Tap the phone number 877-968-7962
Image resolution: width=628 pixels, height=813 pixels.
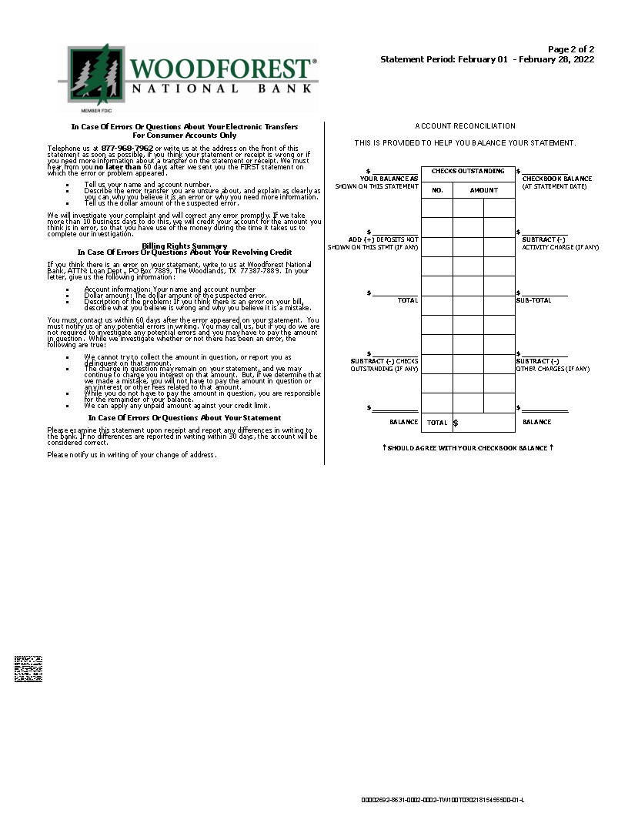127,148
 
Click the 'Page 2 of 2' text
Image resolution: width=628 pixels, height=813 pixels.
571,49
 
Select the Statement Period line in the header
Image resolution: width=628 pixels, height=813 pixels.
487,59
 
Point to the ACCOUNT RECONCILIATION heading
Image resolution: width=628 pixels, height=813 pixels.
465,125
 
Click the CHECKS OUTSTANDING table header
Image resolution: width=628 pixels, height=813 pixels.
468,171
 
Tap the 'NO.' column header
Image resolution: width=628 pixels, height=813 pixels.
437,189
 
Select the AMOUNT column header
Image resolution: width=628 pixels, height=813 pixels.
483,189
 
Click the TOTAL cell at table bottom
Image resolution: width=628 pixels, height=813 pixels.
437,423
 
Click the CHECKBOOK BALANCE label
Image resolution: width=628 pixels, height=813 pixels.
556,179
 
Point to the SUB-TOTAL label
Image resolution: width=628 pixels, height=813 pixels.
533,300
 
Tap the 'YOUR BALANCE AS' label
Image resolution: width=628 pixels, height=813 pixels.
389,179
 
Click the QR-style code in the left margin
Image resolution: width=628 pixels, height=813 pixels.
28,669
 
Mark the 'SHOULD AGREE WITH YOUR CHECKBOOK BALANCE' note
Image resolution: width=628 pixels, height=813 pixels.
468,447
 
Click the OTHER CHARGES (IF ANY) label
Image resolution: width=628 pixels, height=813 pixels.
553,369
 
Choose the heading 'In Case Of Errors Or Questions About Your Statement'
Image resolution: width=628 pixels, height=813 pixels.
185,418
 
